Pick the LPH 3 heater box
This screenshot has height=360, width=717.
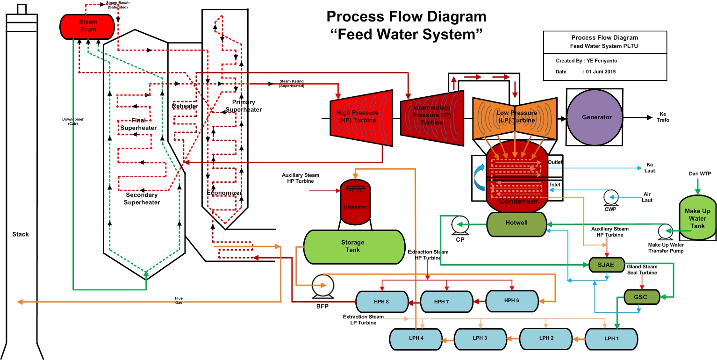pyautogui.click(x=480, y=338)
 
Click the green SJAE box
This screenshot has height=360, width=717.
pyautogui.click(x=607, y=265)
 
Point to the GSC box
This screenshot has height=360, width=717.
pyautogui.click(x=641, y=297)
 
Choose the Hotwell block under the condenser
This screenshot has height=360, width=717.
pyautogui.click(x=516, y=223)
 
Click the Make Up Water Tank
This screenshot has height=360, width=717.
pyautogui.click(x=697, y=218)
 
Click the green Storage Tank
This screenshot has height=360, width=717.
pyautogui.click(x=354, y=246)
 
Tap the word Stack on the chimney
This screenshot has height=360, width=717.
pyautogui.click(x=21, y=234)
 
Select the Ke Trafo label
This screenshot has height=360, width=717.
pyautogui.click(x=664, y=117)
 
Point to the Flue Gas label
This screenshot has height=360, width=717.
pyautogui.click(x=179, y=300)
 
